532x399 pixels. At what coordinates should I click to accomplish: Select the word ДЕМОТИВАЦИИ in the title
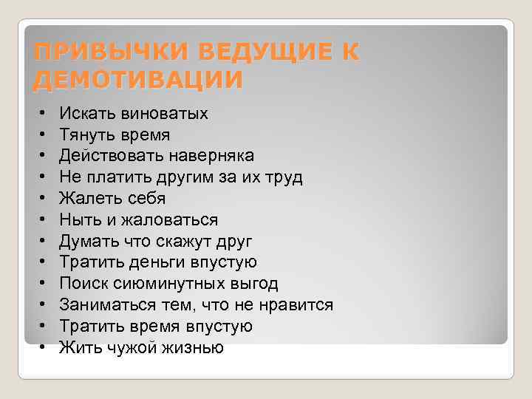[138, 79]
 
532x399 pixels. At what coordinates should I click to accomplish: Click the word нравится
[299, 305]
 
